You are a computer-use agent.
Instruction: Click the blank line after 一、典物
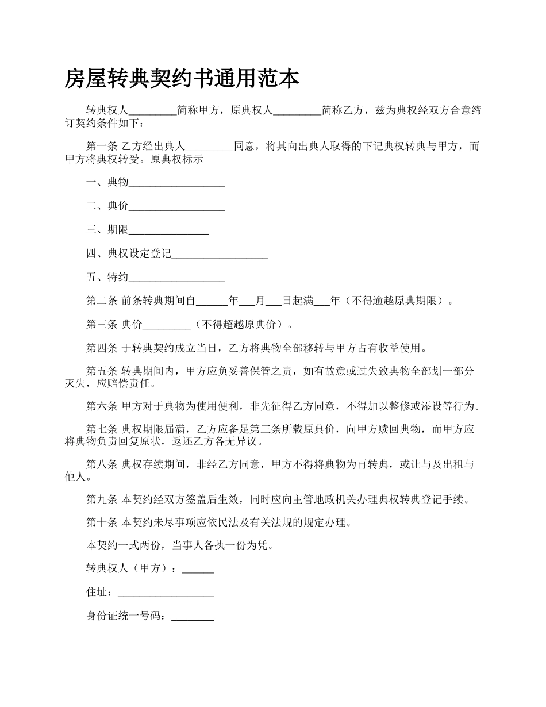(176, 184)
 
